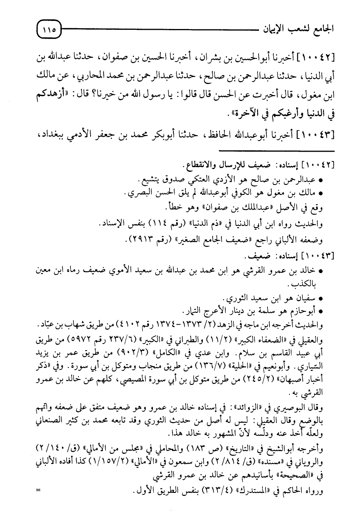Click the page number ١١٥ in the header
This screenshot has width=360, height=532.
(x=49, y=29)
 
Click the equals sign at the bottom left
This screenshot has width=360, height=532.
(x=38, y=491)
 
